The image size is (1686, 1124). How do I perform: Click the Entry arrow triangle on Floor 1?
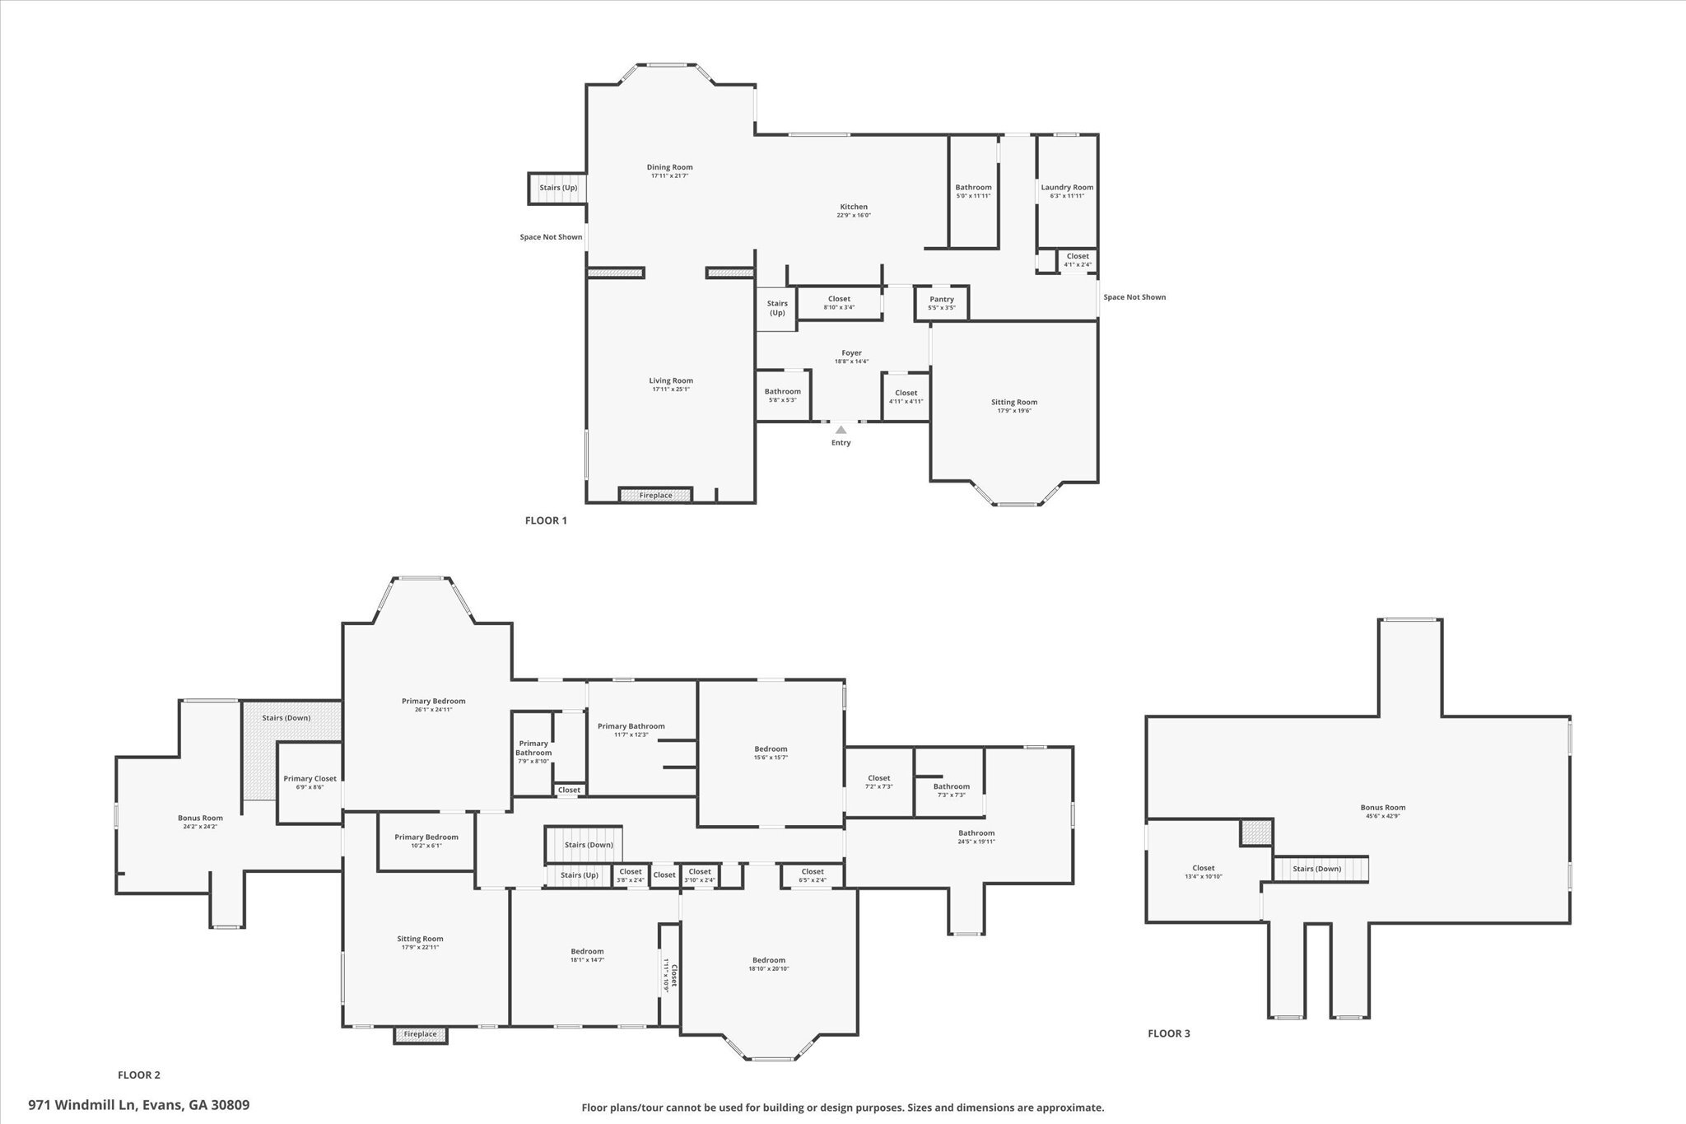click(841, 430)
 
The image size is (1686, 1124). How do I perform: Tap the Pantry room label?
click(941, 300)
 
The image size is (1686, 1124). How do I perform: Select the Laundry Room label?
click(1067, 188)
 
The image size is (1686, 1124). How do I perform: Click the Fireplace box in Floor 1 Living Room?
click(655, 495)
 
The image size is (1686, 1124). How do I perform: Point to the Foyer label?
click(851, 353)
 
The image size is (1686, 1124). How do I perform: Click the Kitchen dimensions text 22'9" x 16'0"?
click(854, 216)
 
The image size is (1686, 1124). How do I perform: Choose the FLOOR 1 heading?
click(546, 520)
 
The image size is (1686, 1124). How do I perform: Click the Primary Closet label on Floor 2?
click(310, 778)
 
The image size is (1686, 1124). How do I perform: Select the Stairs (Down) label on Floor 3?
click(1316, 869)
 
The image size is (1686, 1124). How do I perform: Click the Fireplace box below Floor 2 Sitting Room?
click(420, 1034)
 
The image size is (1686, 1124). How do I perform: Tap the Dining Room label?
click(669, 167)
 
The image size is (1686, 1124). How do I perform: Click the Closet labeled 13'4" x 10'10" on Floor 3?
click(1203, 868)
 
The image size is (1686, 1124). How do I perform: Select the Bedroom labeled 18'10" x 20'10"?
click(768, 960)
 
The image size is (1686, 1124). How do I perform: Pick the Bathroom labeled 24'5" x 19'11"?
click(976, 833)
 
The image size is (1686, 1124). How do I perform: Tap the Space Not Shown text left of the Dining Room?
click(551, 237)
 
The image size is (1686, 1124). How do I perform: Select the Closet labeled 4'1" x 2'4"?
click(1077, 256)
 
